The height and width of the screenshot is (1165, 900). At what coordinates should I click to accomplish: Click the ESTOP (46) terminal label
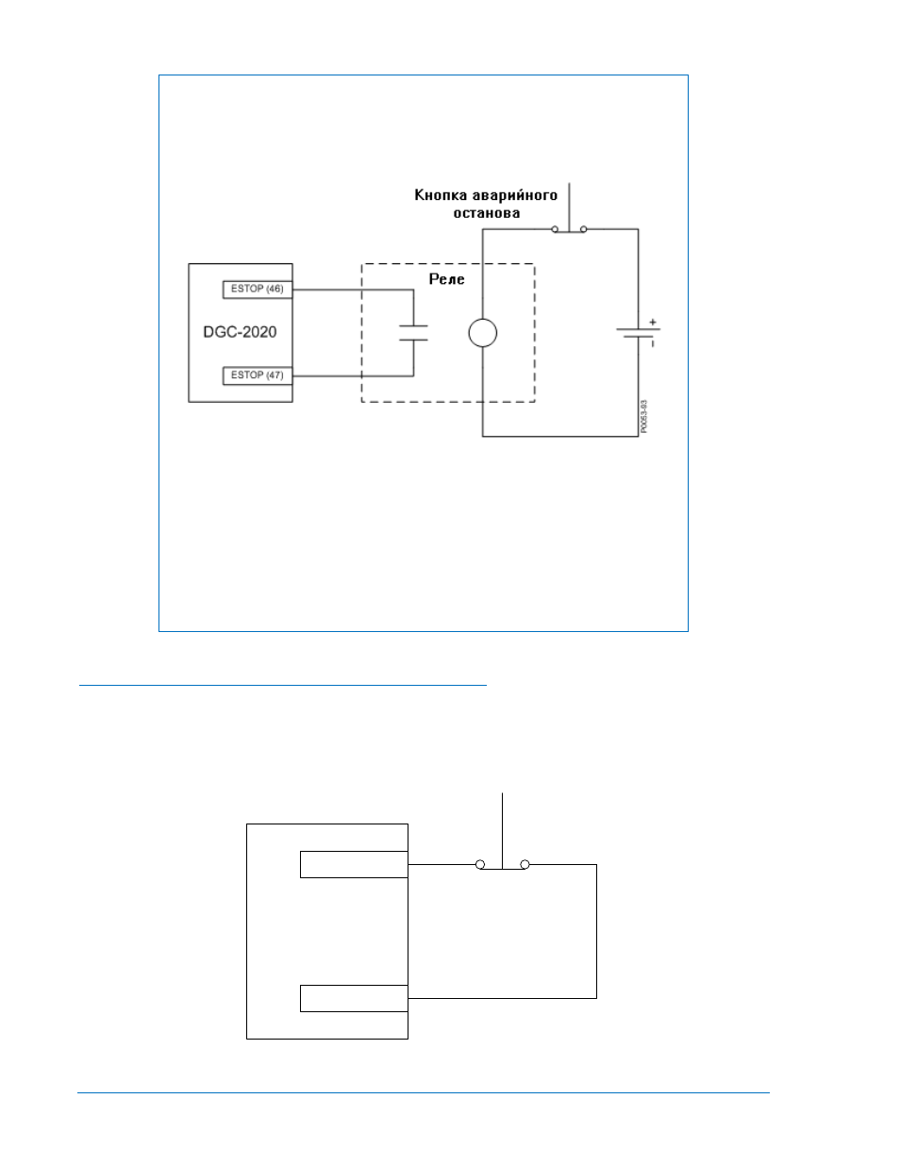tap(257, 289)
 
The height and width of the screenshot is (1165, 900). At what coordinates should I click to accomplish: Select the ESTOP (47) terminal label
tap(257, 374)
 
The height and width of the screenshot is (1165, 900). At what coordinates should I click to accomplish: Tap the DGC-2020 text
tap(240, 332)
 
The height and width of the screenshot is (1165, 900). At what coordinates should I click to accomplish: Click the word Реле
tap(446, 279)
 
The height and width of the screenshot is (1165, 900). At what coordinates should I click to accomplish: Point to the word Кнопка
tap(441, 194)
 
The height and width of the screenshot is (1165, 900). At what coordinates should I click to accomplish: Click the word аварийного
tap(514, 195)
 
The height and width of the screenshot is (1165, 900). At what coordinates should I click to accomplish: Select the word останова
tap(486, 213)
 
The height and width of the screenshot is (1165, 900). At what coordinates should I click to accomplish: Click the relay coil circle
tap(482, 333)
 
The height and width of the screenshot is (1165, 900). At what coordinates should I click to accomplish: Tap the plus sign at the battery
tap(652, 323)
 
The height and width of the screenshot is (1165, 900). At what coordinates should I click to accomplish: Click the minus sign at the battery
tap(652, 343)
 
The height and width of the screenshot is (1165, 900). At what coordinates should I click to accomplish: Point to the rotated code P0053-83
tap(643, 416)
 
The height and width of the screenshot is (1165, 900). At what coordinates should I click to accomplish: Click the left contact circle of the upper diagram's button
tap(555, 229)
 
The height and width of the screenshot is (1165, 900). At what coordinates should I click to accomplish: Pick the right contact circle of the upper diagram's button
tap(584, 229)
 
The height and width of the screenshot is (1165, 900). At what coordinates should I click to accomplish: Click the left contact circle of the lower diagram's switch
tap(480, 864)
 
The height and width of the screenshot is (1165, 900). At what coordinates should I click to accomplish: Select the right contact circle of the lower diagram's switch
tap(525, 864)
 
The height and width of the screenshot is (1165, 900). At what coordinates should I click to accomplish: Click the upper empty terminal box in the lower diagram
tap(354, 864)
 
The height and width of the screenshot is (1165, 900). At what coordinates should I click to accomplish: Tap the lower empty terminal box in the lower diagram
tap(354, 998)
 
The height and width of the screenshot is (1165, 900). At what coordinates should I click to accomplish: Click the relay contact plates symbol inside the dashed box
tap(413, 332)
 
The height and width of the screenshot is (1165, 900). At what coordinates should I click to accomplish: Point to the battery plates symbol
tap(638, 333)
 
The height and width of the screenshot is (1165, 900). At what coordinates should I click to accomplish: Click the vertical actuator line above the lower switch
tap(502, 830)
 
